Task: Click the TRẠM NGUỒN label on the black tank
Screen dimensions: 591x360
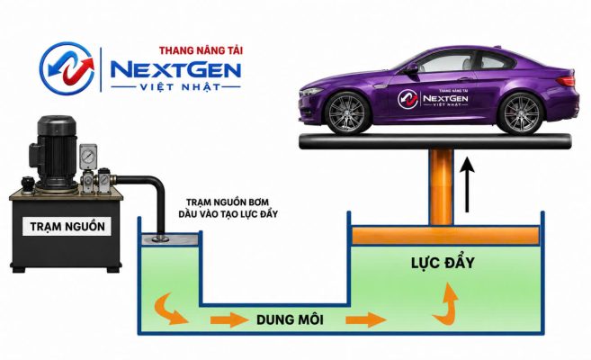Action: coord(67,227)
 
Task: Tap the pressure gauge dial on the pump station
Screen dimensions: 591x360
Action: coord(88,156)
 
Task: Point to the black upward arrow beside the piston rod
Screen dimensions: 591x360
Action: coord(468,184)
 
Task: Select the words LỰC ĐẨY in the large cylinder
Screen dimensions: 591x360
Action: coord(443,263)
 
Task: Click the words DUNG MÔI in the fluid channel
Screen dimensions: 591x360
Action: coord(290,319)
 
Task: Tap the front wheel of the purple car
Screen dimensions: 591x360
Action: coord(347,112)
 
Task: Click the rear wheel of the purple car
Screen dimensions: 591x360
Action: coord(521,113)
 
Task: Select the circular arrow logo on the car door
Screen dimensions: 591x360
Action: coord(408,99)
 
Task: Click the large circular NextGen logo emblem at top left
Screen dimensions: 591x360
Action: coord(67,68)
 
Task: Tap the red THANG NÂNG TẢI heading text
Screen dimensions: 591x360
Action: coord(201,50)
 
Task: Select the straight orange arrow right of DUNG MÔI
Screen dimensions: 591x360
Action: coord(365,320)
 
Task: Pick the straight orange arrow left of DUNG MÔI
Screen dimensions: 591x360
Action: coord(229,320)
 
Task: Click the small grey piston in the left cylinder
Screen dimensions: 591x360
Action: coord(169,238)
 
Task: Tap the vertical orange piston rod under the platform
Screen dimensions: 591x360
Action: coord(442,188)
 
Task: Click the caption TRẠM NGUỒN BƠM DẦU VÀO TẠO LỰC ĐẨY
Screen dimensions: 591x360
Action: coord(228,208)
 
